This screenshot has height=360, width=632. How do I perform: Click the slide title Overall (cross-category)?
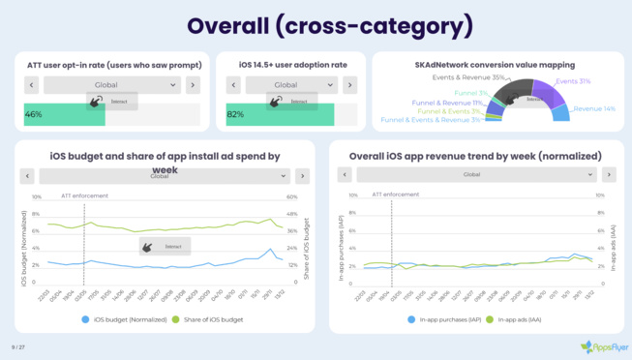[x=316, y=24]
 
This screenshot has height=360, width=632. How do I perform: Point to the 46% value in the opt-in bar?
[x=33, y=114]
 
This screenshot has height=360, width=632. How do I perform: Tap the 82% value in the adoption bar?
[x=235, y=114]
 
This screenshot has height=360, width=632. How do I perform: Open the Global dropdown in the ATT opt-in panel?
[x=112, y=85]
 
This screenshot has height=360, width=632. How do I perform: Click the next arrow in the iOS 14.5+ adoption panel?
[x=349, y=85]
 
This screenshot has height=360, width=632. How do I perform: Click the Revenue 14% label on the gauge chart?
[x=594, y=109]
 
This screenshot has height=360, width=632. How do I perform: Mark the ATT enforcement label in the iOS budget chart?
[x=84, y=195]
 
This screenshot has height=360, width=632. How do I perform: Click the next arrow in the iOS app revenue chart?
[x=608, y=175]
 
